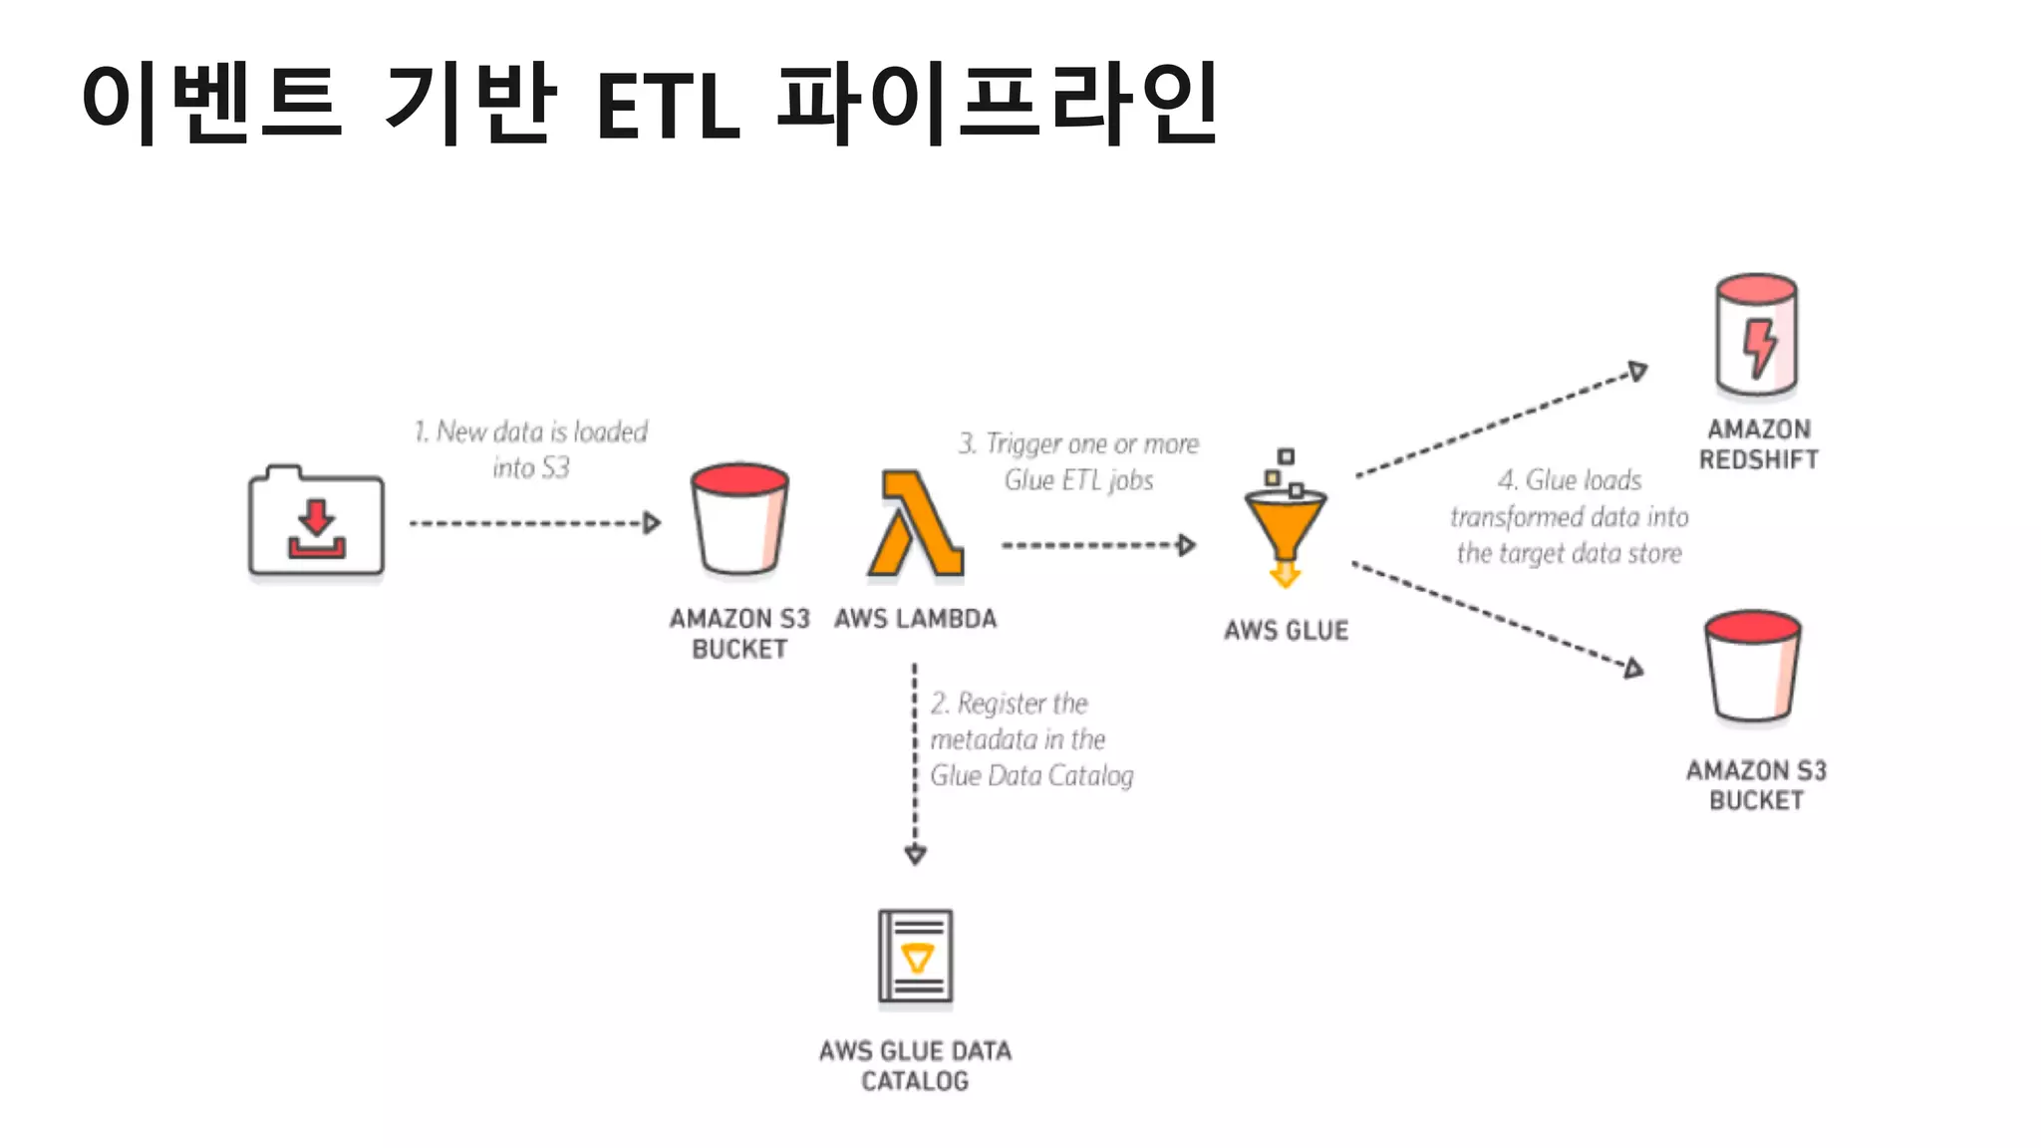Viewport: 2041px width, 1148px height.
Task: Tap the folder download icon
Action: click(316, 522)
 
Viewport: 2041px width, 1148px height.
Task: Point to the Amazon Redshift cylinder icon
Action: click(1756, 336)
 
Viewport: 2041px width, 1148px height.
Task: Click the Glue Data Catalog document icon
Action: click(915, 956)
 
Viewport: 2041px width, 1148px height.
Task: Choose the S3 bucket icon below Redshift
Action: click(1753, 666)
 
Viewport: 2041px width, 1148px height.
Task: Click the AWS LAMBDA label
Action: click(915, 619)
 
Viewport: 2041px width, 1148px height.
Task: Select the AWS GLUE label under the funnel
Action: click(1286, 631)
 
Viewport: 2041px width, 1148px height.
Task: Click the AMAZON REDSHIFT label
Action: click(1758, 444)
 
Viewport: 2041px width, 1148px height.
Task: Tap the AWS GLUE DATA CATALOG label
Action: click(915, 1065)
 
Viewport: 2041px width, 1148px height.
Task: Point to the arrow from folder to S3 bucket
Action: click(534, 523)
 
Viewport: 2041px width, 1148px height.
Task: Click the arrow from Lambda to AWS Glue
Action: click(1097, 545)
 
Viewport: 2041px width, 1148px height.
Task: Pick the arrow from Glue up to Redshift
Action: click(1500, 423)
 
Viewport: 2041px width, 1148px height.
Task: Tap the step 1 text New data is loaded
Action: click(531, 448)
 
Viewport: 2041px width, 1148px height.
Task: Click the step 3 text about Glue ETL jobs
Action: click(1078, 461)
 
